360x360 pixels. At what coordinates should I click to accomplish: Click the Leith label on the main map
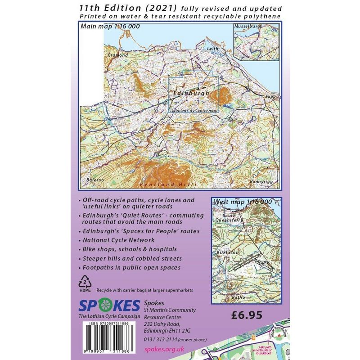(212, 48)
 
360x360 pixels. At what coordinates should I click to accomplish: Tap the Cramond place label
(115, 55)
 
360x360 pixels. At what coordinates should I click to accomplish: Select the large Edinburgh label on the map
(191, 93)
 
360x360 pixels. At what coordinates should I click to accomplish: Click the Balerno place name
(95, 180)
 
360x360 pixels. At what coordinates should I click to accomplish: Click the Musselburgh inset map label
(248, 27)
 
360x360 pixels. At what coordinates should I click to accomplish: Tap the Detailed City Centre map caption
(193, 109)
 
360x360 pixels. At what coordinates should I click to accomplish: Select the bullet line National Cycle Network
(119, 240)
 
